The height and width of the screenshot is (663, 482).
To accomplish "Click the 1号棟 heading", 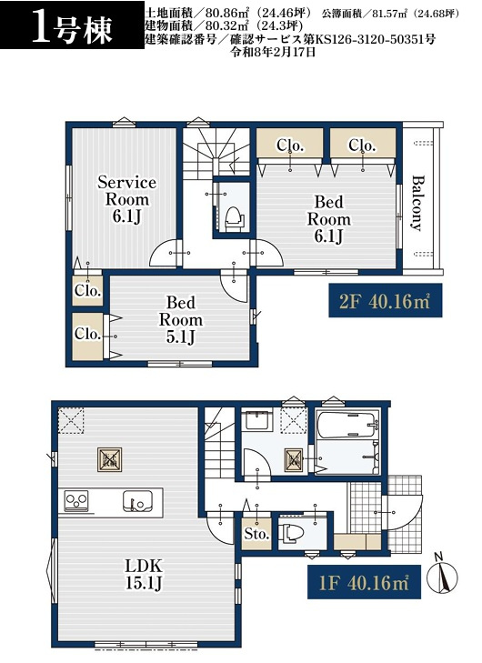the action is (x=73, y=30).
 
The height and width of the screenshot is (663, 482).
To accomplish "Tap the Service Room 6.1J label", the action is (x=126, y=199).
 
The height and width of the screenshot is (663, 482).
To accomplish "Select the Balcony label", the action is (x=417, y=203).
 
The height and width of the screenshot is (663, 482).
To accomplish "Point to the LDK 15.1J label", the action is (x=144, y=574).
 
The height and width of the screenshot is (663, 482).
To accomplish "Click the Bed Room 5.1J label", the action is (x=181, y=319).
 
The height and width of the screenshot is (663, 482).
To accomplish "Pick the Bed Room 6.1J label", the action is (x=328, y=219).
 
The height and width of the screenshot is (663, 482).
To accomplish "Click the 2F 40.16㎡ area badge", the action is (x=386, y=301).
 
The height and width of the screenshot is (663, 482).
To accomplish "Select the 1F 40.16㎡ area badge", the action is (x=364, y=582).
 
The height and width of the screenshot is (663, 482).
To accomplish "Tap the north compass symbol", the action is (x=442, y=574).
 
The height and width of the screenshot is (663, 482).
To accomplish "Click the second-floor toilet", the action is (x=234, y=219).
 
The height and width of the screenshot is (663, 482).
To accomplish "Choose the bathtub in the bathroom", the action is (x=346, y=425).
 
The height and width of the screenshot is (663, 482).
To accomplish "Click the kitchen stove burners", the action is (x=76, y=501).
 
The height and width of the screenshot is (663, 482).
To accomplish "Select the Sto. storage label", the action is (x=256, y=534).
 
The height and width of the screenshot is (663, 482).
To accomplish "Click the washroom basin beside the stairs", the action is (x=259, y=419).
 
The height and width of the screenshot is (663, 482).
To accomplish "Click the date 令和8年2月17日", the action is (x=272, y=52).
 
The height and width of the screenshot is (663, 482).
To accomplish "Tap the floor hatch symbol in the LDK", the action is (x=109, y=459).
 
